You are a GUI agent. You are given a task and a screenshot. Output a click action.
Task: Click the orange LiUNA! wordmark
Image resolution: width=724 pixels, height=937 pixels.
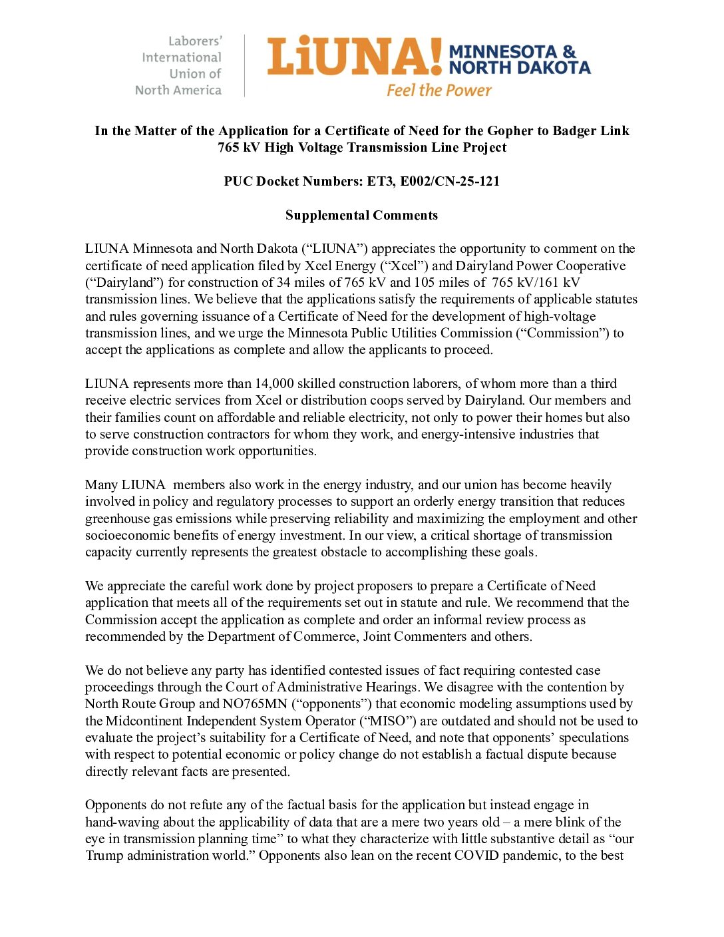point(354,56)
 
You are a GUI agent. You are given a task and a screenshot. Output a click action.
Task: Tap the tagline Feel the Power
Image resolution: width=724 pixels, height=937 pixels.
point(439,91)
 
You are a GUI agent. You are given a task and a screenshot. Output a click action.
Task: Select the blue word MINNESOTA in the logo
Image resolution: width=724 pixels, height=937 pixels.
point(503,52)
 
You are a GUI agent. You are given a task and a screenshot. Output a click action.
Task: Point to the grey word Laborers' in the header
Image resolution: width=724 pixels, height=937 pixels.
point(195,41)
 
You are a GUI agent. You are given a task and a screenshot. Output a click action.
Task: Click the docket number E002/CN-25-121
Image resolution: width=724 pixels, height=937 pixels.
point(450,181)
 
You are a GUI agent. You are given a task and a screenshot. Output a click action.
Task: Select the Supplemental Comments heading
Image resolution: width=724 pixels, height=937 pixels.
point(361,215)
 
